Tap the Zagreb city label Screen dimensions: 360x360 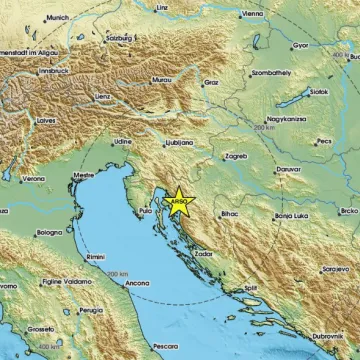[237, 158]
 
